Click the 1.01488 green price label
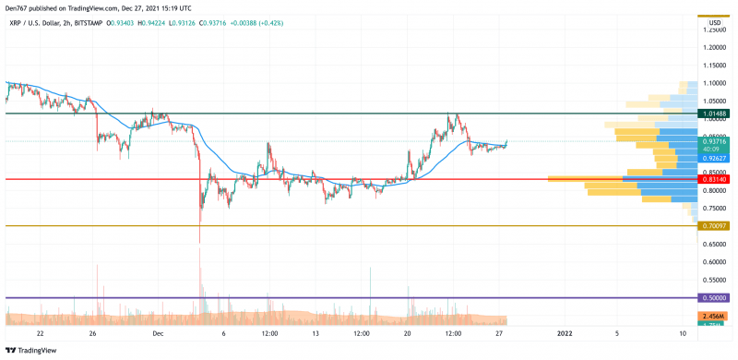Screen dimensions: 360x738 point(715,114)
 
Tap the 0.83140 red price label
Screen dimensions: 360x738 point(715,179)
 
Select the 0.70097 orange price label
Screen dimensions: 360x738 point(715,225)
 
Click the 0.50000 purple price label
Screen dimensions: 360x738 point(715,297)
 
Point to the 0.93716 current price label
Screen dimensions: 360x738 point(715,141)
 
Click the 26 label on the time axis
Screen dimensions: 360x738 point(92,333)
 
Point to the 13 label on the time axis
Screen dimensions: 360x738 point(315,333)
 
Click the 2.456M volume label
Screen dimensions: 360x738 point(715,317)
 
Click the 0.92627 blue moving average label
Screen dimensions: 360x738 point(715,158)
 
